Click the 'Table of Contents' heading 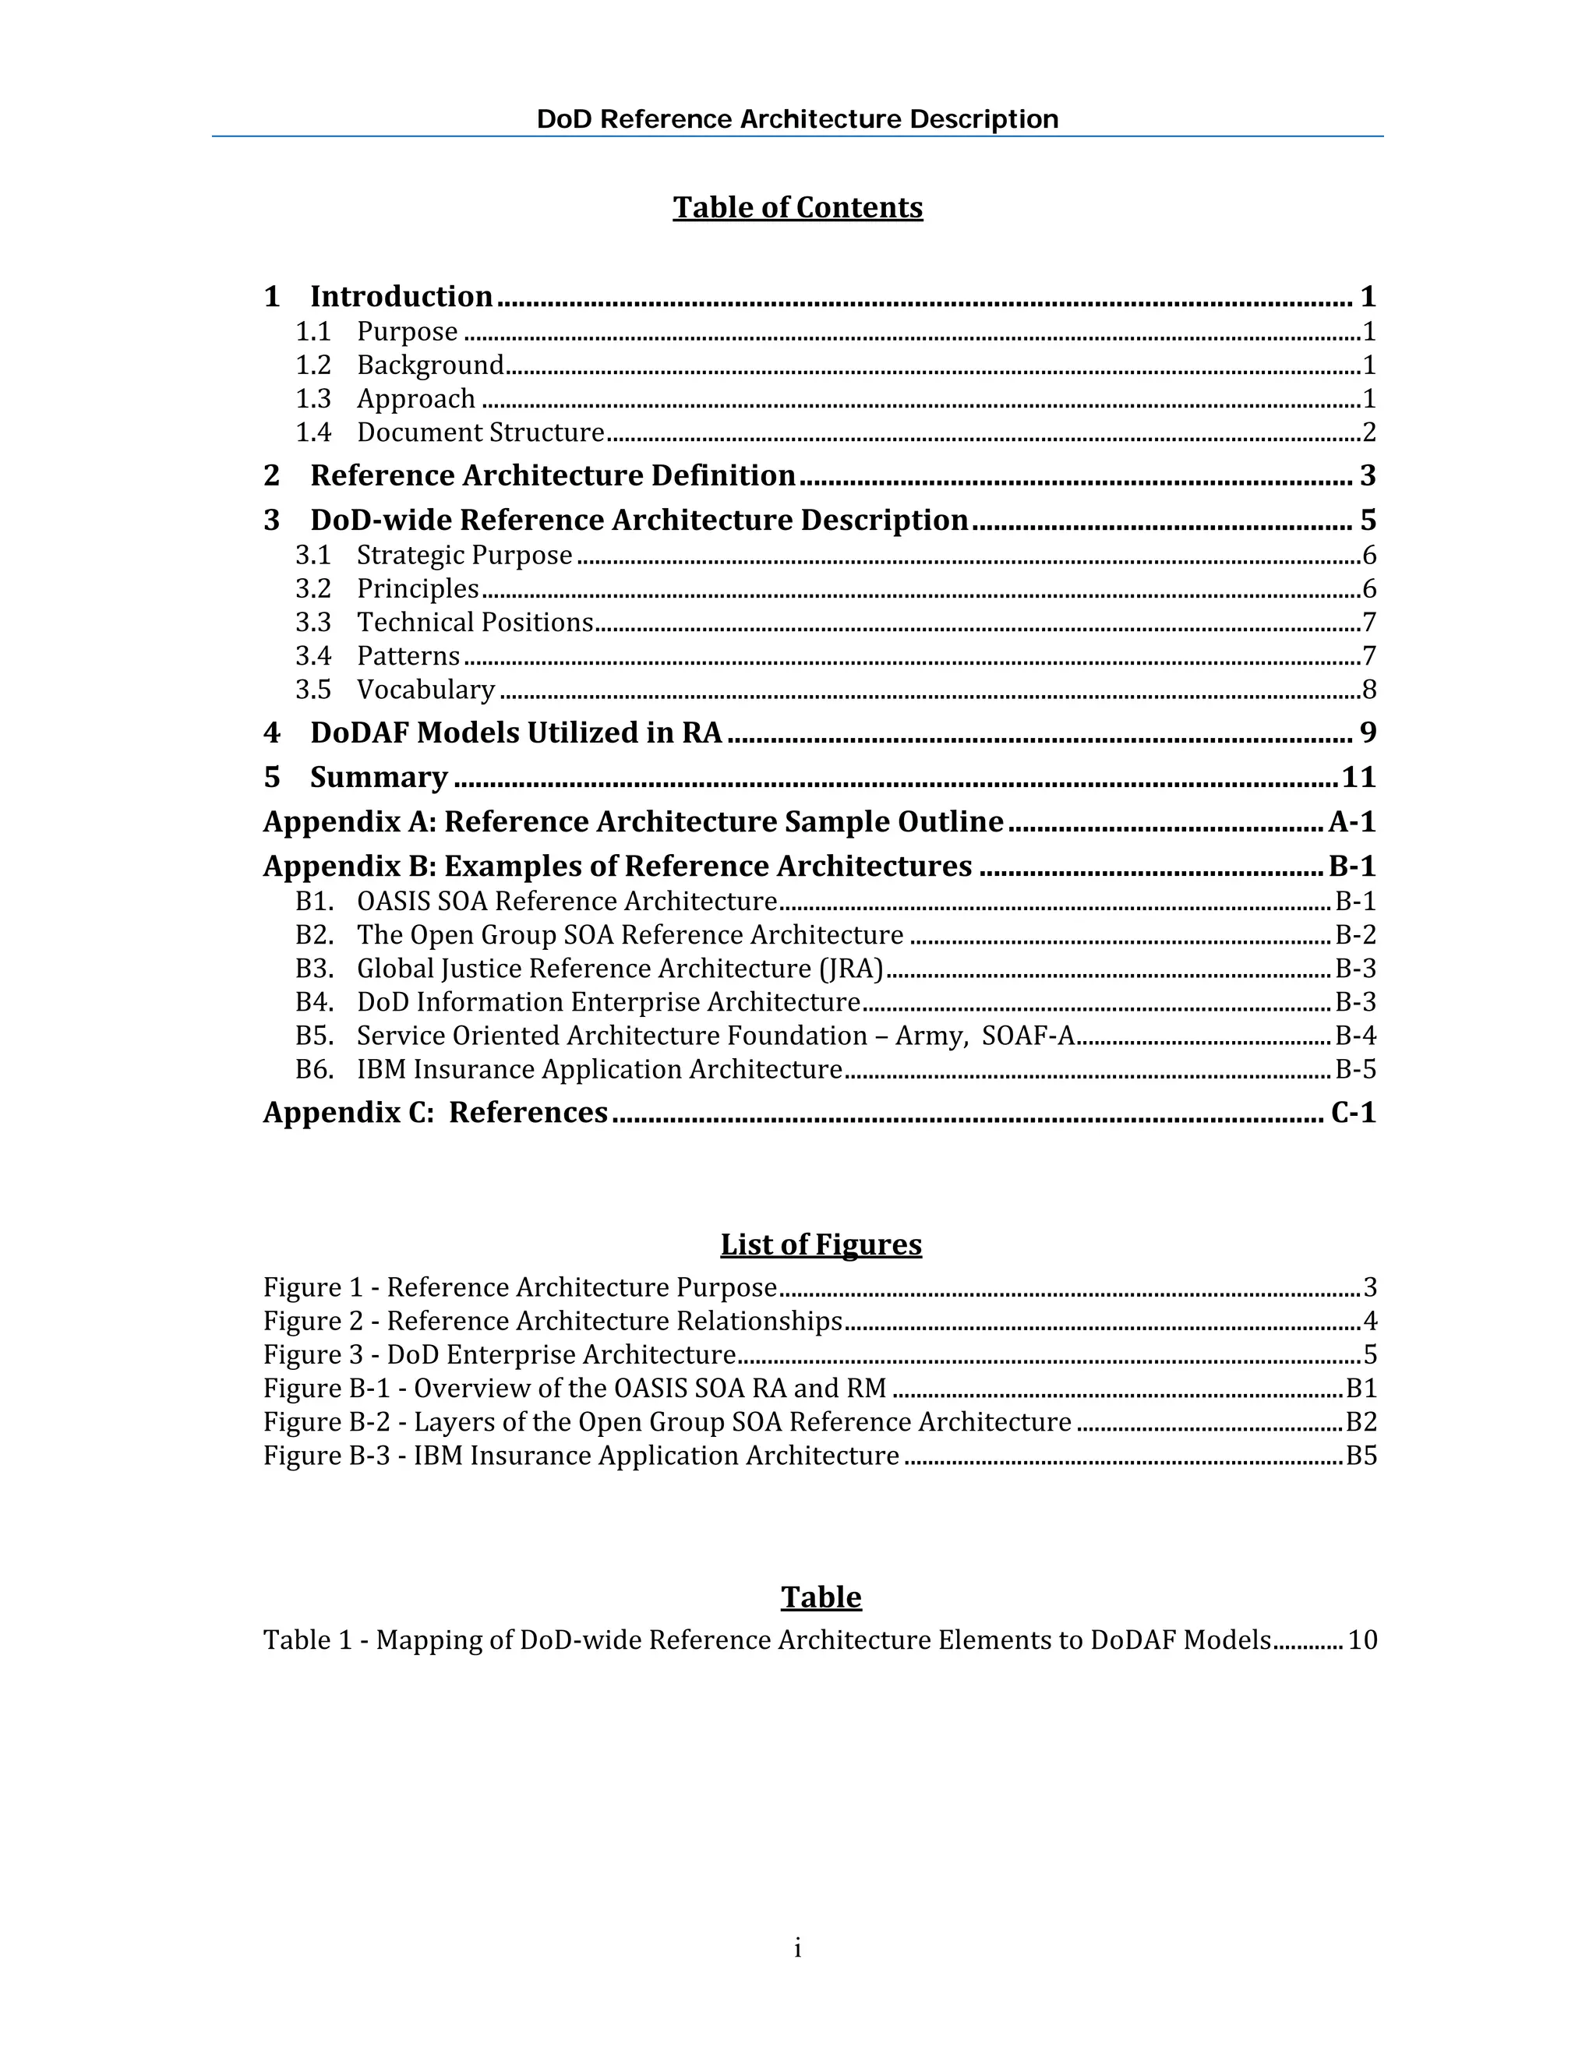pos(797,207)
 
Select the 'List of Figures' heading pos(820,1244)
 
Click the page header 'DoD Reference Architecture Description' pos(797,119)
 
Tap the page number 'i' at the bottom pos(797,1948)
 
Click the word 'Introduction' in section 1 pos(401,297)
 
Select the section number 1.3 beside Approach pos(313,399)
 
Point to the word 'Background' pos(430,365)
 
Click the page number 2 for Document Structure pos(1368,433)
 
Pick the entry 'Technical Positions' pos(475,622)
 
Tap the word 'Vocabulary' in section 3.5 pos(425,690)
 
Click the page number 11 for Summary pos(1358,777)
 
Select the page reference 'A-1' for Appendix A pos(1351,821)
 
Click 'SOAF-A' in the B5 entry pos(1028,1036)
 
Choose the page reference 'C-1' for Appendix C pos(1352,1113)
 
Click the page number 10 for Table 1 pos(1361,1640)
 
